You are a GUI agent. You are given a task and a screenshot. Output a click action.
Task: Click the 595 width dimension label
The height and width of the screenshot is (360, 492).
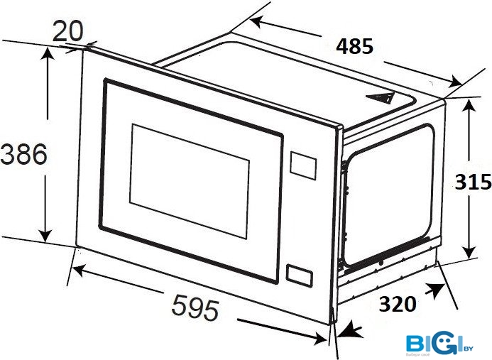click(195, 307)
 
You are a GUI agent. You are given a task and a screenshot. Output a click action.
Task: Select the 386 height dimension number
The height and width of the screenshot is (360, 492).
click(24, 154)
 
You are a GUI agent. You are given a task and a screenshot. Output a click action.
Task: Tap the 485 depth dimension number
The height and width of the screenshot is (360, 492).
click(354, 47)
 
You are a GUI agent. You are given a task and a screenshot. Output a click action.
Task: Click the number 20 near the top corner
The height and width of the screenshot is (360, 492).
click(68, 30)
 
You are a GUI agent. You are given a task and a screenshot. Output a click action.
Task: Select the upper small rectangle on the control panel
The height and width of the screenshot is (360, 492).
click(304, 166)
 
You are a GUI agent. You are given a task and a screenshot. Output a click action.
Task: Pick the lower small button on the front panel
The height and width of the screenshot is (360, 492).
click(300, 276)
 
